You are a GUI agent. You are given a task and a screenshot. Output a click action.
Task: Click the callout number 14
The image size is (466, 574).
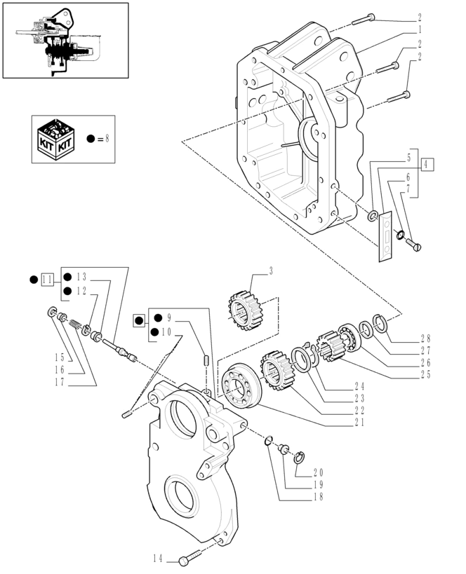tap(158, 559)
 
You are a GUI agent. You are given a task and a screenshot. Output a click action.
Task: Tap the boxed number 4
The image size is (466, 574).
tap(426, 165)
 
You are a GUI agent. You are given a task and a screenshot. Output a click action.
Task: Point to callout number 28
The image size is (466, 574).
tap(425, 339)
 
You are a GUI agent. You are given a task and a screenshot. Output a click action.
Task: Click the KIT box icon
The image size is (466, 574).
tap(56, 139)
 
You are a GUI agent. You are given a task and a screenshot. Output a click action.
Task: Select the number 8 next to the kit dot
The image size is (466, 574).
tap(107, 138)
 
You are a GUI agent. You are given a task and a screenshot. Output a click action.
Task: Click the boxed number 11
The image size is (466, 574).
tap(48, 280)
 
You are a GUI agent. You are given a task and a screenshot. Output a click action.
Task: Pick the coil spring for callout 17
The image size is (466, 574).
tap(74, 324)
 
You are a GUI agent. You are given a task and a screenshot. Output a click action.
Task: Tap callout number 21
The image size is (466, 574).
tap(359, 423)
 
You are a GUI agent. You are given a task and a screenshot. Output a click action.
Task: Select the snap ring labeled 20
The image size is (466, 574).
tap(299, 458)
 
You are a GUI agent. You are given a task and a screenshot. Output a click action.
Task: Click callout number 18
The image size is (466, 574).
tap(318, 497)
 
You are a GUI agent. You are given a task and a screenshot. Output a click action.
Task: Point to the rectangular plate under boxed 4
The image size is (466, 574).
tap(385, 236)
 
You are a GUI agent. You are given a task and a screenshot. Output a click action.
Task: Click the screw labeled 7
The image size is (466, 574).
tap(413, 244)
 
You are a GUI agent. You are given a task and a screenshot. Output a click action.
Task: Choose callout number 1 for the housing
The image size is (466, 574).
tap(420, 29)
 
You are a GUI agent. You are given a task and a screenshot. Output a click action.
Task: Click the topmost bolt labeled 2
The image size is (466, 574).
tap(364, 19)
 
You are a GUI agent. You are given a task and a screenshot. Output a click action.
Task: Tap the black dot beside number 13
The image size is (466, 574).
tap(67, 277)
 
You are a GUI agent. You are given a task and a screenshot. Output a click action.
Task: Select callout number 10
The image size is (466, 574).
tap(166, 332)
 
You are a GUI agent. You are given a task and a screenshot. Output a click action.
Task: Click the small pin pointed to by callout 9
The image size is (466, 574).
tap(206, 360)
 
